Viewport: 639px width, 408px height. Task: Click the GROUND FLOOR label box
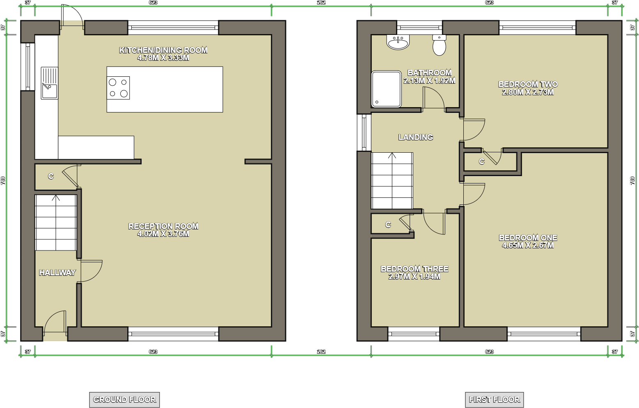click(x=124, y=399)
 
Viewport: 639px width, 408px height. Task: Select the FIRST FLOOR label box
click(x=494, y=399)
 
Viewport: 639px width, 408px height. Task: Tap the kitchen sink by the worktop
click(x=50, y=83)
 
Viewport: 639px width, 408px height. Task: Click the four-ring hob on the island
click(x=118, y=88)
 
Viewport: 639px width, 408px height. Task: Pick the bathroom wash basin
click(x=398, y=42)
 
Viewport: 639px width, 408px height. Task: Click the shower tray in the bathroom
click(x=386, y=89)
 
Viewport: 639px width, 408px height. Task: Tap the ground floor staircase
click(x=56, y=222)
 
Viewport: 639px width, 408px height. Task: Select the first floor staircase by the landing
click(x=392, y=181)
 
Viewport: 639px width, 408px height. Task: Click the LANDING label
click(x=415, y=137)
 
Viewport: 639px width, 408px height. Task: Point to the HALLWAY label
click(x=57, y=273)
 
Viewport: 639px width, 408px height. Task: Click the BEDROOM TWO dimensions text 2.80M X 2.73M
click(x=528, y=92)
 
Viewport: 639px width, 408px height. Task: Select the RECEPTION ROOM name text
click(x=163, y=226)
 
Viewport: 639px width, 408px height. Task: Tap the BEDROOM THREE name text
click(x=415, y=269)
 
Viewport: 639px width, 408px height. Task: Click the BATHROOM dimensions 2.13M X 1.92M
click(x=429, y=81)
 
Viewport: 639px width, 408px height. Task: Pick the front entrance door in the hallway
click(x=55, y=322)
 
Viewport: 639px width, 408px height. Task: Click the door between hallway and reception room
click(x=90, y=271)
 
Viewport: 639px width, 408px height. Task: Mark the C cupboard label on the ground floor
click(x=51, y=176)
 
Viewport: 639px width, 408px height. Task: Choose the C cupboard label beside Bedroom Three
click(x=388, y=225)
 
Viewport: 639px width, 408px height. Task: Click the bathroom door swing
click(x=433, y=99)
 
